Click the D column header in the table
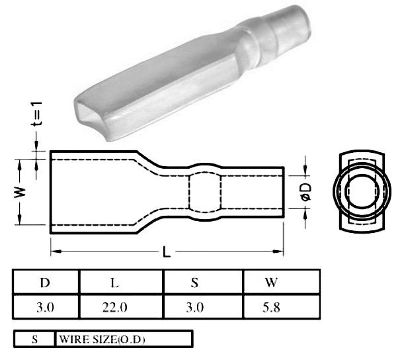[45, 283]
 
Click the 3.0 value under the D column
[45, 307]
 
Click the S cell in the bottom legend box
[34, 339]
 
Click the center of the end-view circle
[361, 191]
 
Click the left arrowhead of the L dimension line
[55, 251]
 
